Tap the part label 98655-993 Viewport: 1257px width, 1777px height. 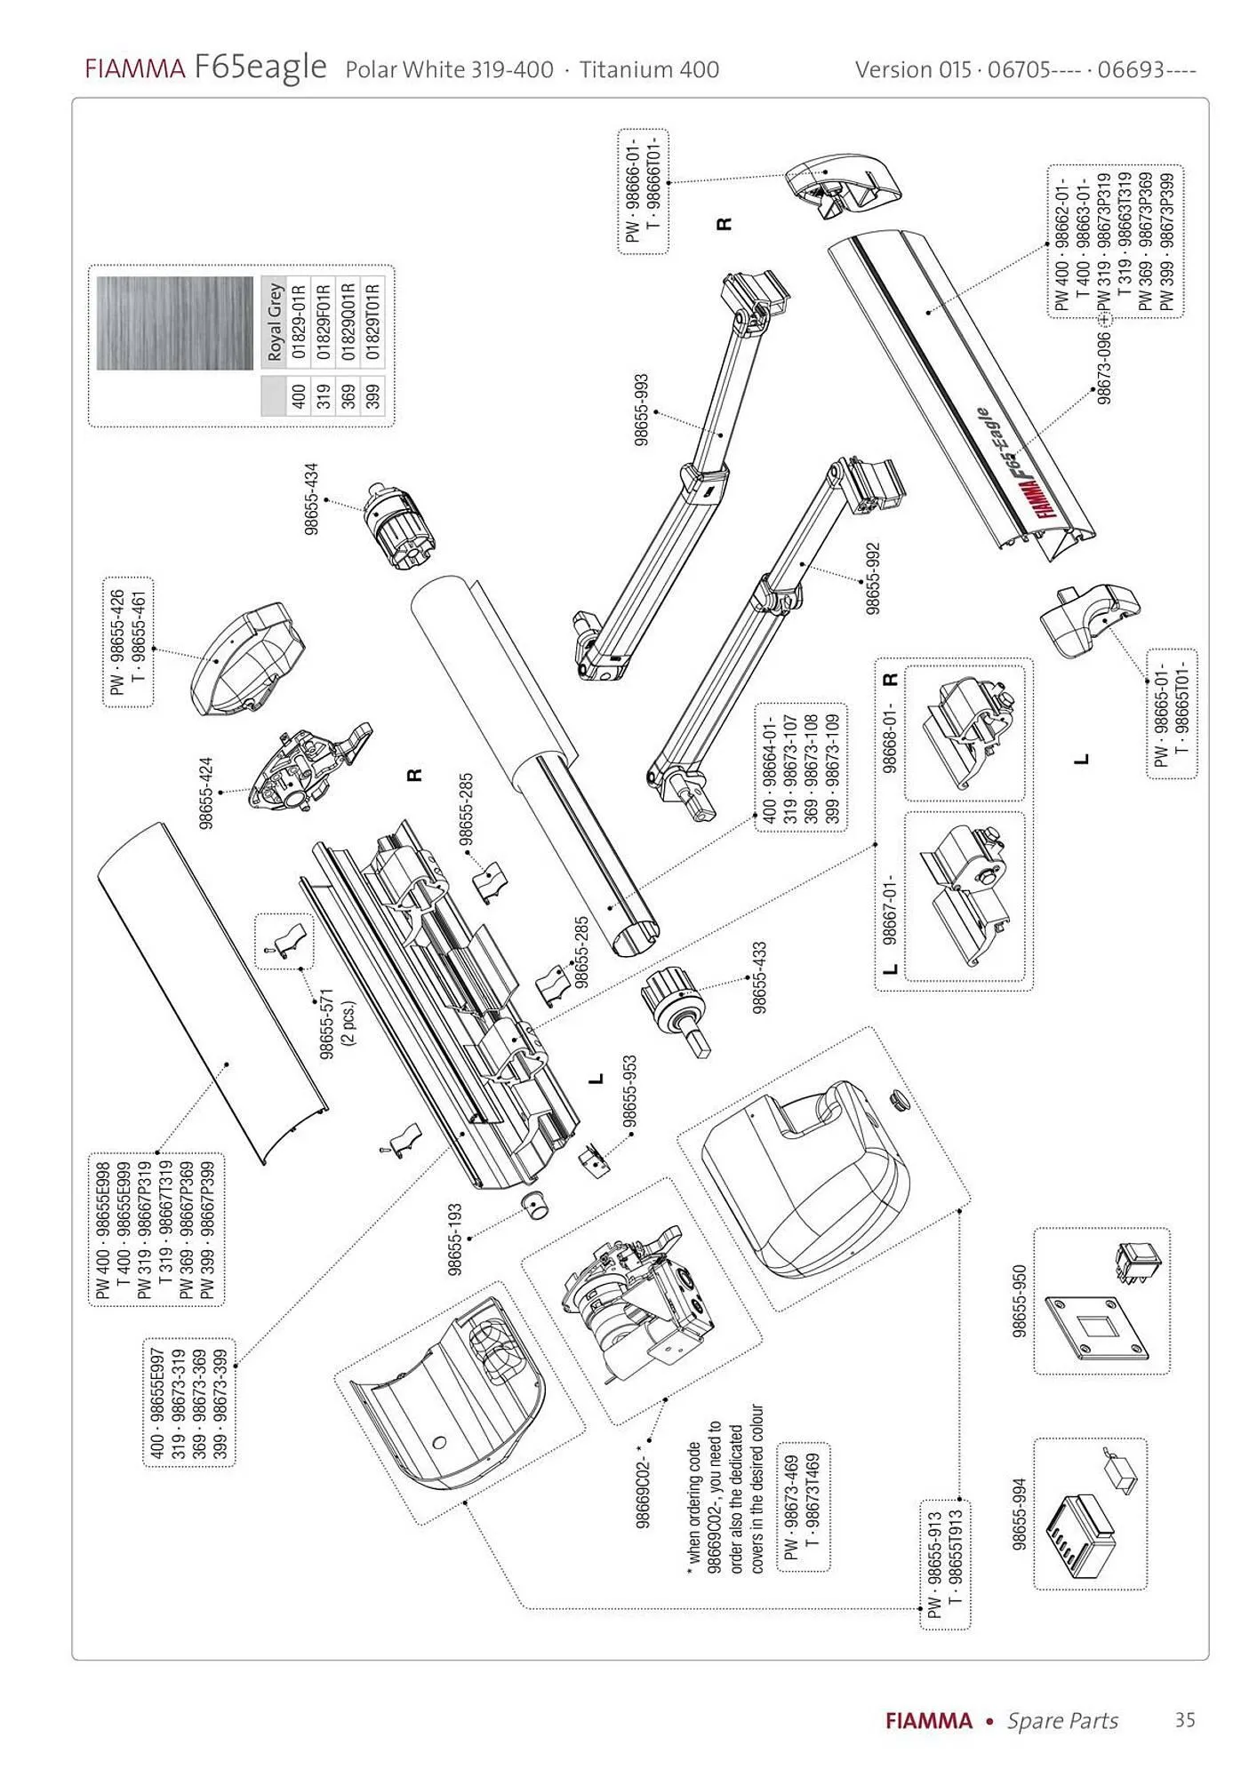pos(642,410)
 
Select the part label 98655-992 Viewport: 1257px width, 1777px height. pos(873,578)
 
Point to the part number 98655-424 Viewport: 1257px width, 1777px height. pos(206,793)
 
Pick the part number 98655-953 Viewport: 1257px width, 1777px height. pos(629,1092)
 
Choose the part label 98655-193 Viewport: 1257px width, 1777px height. pos(455,1239)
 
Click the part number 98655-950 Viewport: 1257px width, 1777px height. pos(1020,1301)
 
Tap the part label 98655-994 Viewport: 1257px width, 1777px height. pos(1020,1514)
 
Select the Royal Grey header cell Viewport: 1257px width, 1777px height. pos(274,322)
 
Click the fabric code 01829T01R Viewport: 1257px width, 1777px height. pos(373,322)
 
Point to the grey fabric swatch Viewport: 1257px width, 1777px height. pos(177,323)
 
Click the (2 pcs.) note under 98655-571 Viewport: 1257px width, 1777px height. pos(348,1024)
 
